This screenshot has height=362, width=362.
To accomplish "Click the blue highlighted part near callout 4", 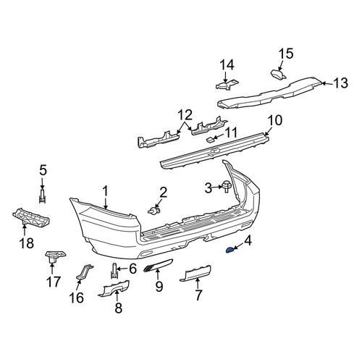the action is click(229, 251).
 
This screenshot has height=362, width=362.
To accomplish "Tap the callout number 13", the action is click(340, 83).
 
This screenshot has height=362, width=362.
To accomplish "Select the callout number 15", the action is click(286, 54).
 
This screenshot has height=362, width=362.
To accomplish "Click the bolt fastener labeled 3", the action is click(227, 186).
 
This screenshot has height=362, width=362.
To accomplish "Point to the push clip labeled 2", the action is click(153, 211).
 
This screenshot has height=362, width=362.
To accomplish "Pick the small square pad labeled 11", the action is click(209, 139).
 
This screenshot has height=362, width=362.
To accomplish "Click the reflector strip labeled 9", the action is click(158, 265).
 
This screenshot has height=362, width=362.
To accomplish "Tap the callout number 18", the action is click(27, 243).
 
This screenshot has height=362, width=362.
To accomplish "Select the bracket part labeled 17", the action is click(56, 256).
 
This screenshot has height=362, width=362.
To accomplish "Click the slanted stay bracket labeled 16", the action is click(85, 273).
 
